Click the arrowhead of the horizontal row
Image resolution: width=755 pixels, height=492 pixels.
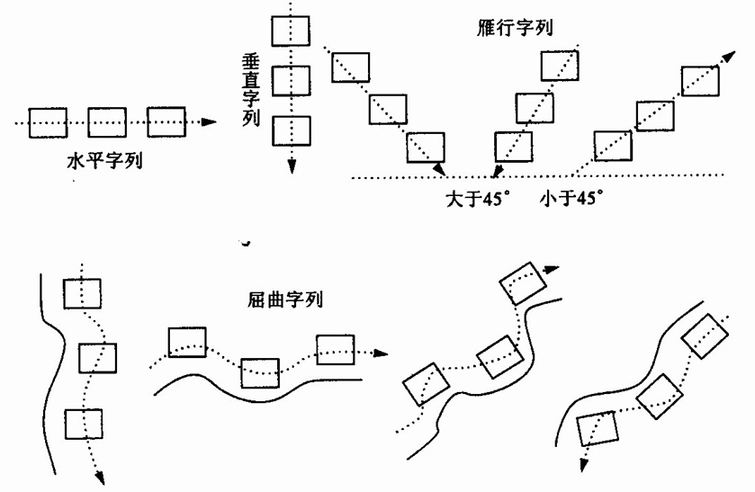[x=209, y=121]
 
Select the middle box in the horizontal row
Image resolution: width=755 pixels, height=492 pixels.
[x=107, y=121]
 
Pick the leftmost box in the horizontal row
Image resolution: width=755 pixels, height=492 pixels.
[x=49, y=121]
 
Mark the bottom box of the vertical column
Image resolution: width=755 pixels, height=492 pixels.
[x=292, y=130]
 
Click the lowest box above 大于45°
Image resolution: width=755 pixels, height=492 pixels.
[x=515, y=145]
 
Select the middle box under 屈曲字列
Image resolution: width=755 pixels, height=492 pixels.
[x=260, y=370]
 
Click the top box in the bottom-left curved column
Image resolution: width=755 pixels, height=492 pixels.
[x=82, y=293]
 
